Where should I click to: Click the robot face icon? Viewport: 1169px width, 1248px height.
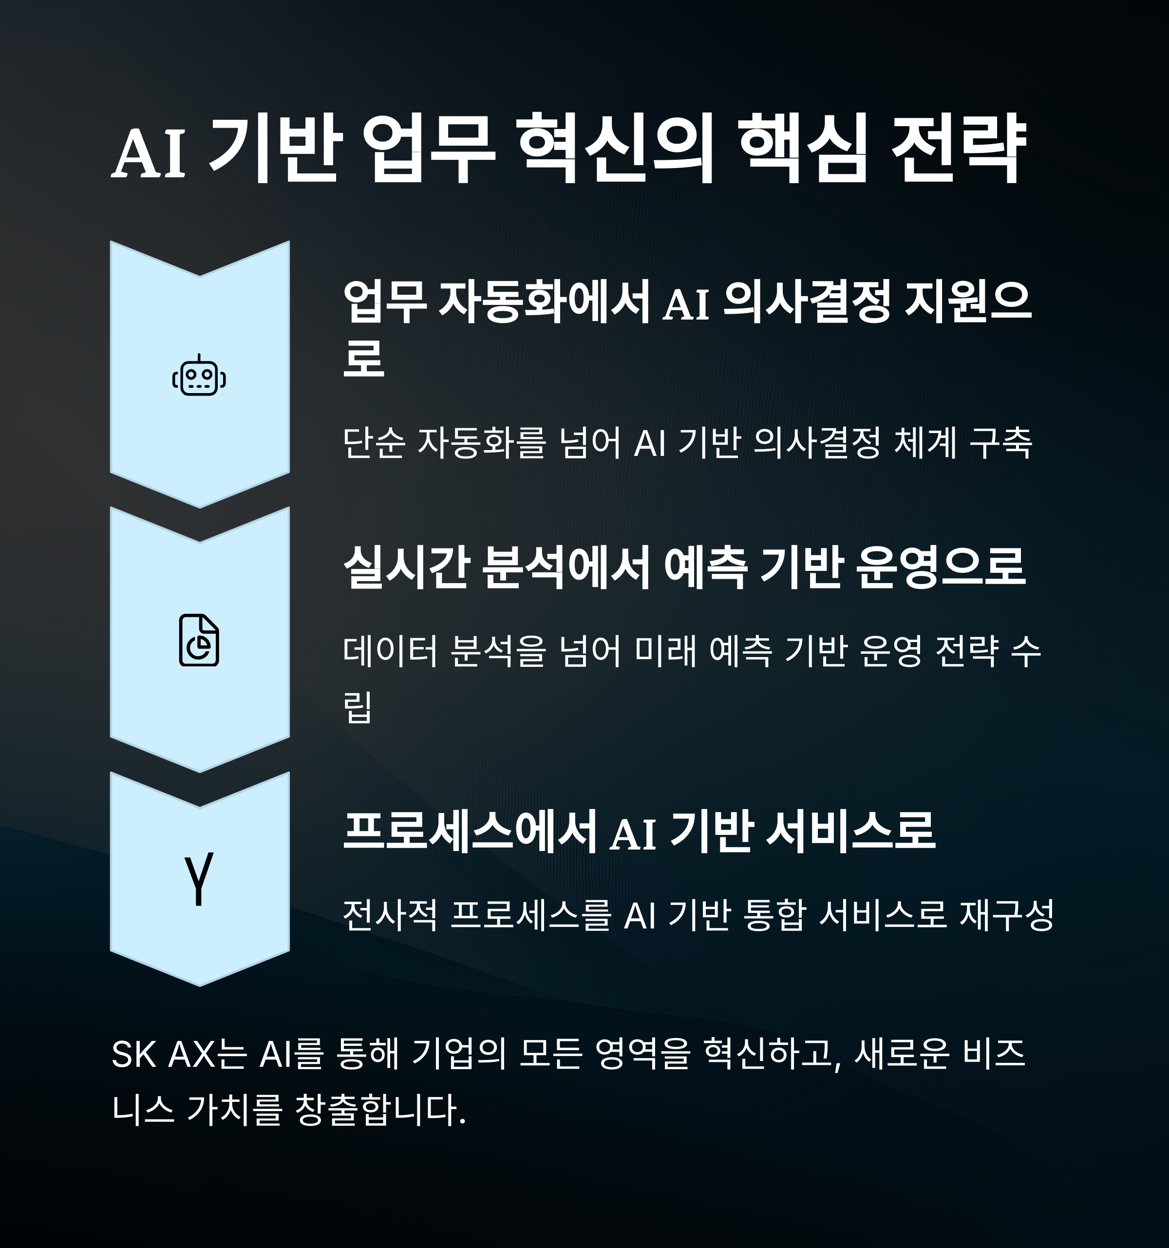pyautogui.click(x=199, y=377)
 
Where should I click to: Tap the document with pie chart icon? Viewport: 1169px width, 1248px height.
pyautogui.click(x=199, y=641)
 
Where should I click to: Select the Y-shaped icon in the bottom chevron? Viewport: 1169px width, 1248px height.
pyautogui.click(x=199, y=879)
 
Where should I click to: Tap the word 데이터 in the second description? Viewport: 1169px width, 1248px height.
pyautogui.click(x=389, y=652)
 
